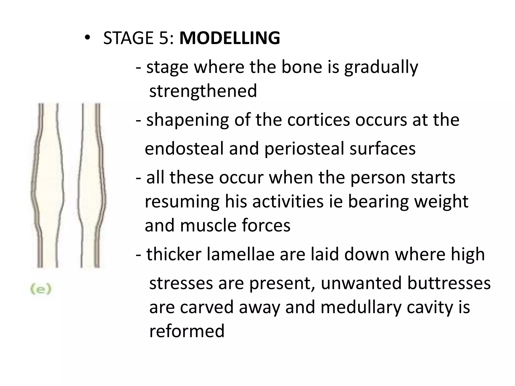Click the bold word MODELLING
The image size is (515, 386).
tap(230, 38)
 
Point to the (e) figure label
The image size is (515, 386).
tap(41, 289)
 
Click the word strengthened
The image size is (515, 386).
tap(203, 91)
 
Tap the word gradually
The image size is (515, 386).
tap(381, 68)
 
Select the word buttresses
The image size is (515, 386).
tap(449, 283)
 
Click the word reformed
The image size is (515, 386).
tap(187, 331)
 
